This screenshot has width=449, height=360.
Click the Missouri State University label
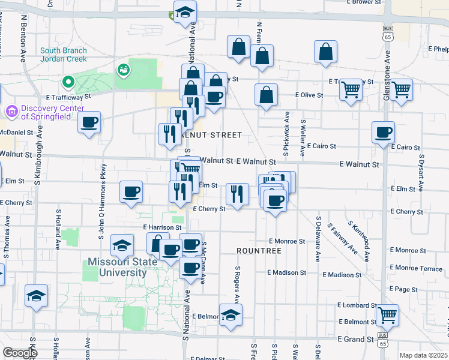click(117, 267)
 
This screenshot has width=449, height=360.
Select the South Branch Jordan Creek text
click(64, 55)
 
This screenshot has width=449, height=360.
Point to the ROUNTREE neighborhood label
click(259, 250)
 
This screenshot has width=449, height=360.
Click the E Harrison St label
click(162, 228)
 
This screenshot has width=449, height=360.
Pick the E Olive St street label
click(309, 95)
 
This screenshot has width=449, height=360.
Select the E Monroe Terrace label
click(416, 269)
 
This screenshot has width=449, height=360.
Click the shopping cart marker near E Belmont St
click(387, 314)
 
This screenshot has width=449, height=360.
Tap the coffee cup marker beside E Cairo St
click(383, 133)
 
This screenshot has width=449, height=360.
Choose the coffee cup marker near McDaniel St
click(89, 122)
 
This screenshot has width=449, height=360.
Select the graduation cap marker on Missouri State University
click(122, 245)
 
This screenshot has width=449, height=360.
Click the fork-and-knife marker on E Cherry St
click(237, 194)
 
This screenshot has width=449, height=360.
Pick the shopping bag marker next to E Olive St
click(266, 95)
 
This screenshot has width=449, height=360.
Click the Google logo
click(20, 353)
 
